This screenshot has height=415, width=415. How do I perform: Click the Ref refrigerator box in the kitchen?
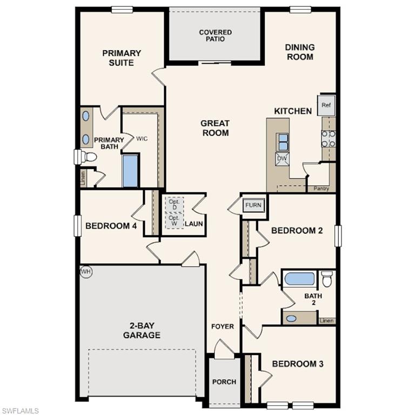pyautogui.click(x=326, y=105)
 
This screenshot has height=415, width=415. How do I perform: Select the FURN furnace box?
pyautogui.click(x=253, y=205)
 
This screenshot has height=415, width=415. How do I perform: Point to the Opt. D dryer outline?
pyautogui.click(x=174, y=205)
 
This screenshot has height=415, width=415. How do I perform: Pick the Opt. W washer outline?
pyautogui.click(x=174, y=221)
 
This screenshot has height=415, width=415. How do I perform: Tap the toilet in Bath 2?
pyautogui.click(x=326, y=279)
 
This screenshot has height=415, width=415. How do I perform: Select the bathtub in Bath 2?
pyautogui.click(x=299, y=279)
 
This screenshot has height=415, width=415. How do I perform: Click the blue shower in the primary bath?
pyautogui.click(x=131, y=171)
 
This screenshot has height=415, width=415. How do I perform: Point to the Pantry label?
pyautogui.click(x=322, y=189)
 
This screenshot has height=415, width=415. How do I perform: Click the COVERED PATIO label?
pyautogui.click(x=215, y=36)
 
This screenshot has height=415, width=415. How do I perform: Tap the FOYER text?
pyautogui.click(x=222, y=326)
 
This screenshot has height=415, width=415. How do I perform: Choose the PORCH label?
pyautogui.click(x=224, y=382)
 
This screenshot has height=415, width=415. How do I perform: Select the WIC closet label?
pyautogui.click(x=142, y=139)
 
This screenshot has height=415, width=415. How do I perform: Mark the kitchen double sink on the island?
pyautogui.click(x=282, y=142)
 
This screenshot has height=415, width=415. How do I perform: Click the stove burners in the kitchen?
pyautogui.click(x=328, y=138)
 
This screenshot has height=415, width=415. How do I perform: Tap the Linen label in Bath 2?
pyautogui.click(x=326, y=321)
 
